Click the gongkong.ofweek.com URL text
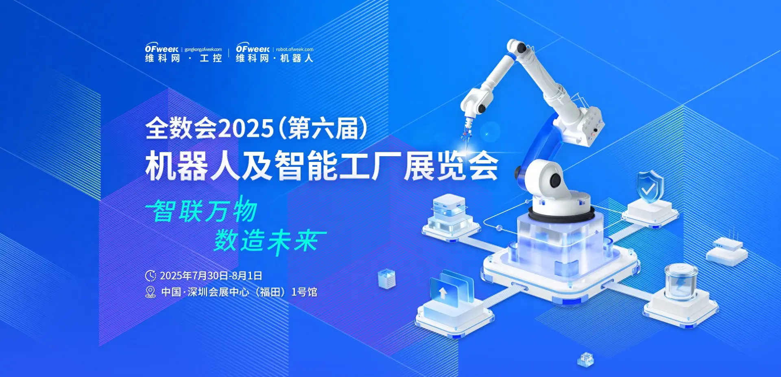(x=203, y=50)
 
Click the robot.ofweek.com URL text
(x=295, y=50)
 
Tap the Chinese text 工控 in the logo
(x=211, y=58)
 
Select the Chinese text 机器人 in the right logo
(x=297, y=58)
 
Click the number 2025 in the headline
(x=246, y=129)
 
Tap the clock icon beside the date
(x=151, y=276)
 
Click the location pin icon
(x=151, y=292)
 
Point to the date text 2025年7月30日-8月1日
(x=211, y=276)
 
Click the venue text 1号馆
(x=304, y=292)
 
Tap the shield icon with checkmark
(x=650, y=187)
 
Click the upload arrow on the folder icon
(x=443, y=292)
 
